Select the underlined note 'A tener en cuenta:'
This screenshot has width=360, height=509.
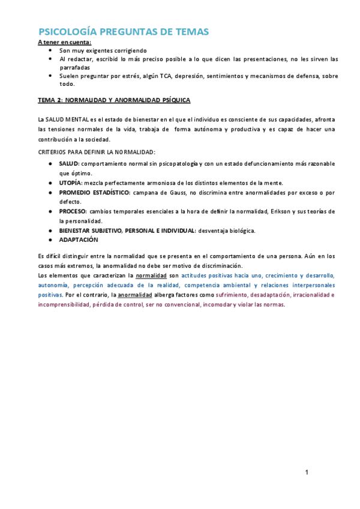(x=64, y=42)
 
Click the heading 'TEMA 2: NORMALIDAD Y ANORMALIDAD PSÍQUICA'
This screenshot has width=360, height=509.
(x=114, y=100)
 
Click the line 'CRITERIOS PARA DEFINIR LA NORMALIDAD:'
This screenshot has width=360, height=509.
(x=96, y=152)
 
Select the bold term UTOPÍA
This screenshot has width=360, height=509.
(x=69, y=182)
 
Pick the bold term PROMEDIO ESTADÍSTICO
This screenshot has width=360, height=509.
(x=94, y=192)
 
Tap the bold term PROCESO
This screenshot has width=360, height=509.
(x=73, y=211)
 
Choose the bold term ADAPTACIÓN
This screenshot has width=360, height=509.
(x=78, y=239)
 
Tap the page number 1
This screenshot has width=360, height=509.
(x=307, y=473)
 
